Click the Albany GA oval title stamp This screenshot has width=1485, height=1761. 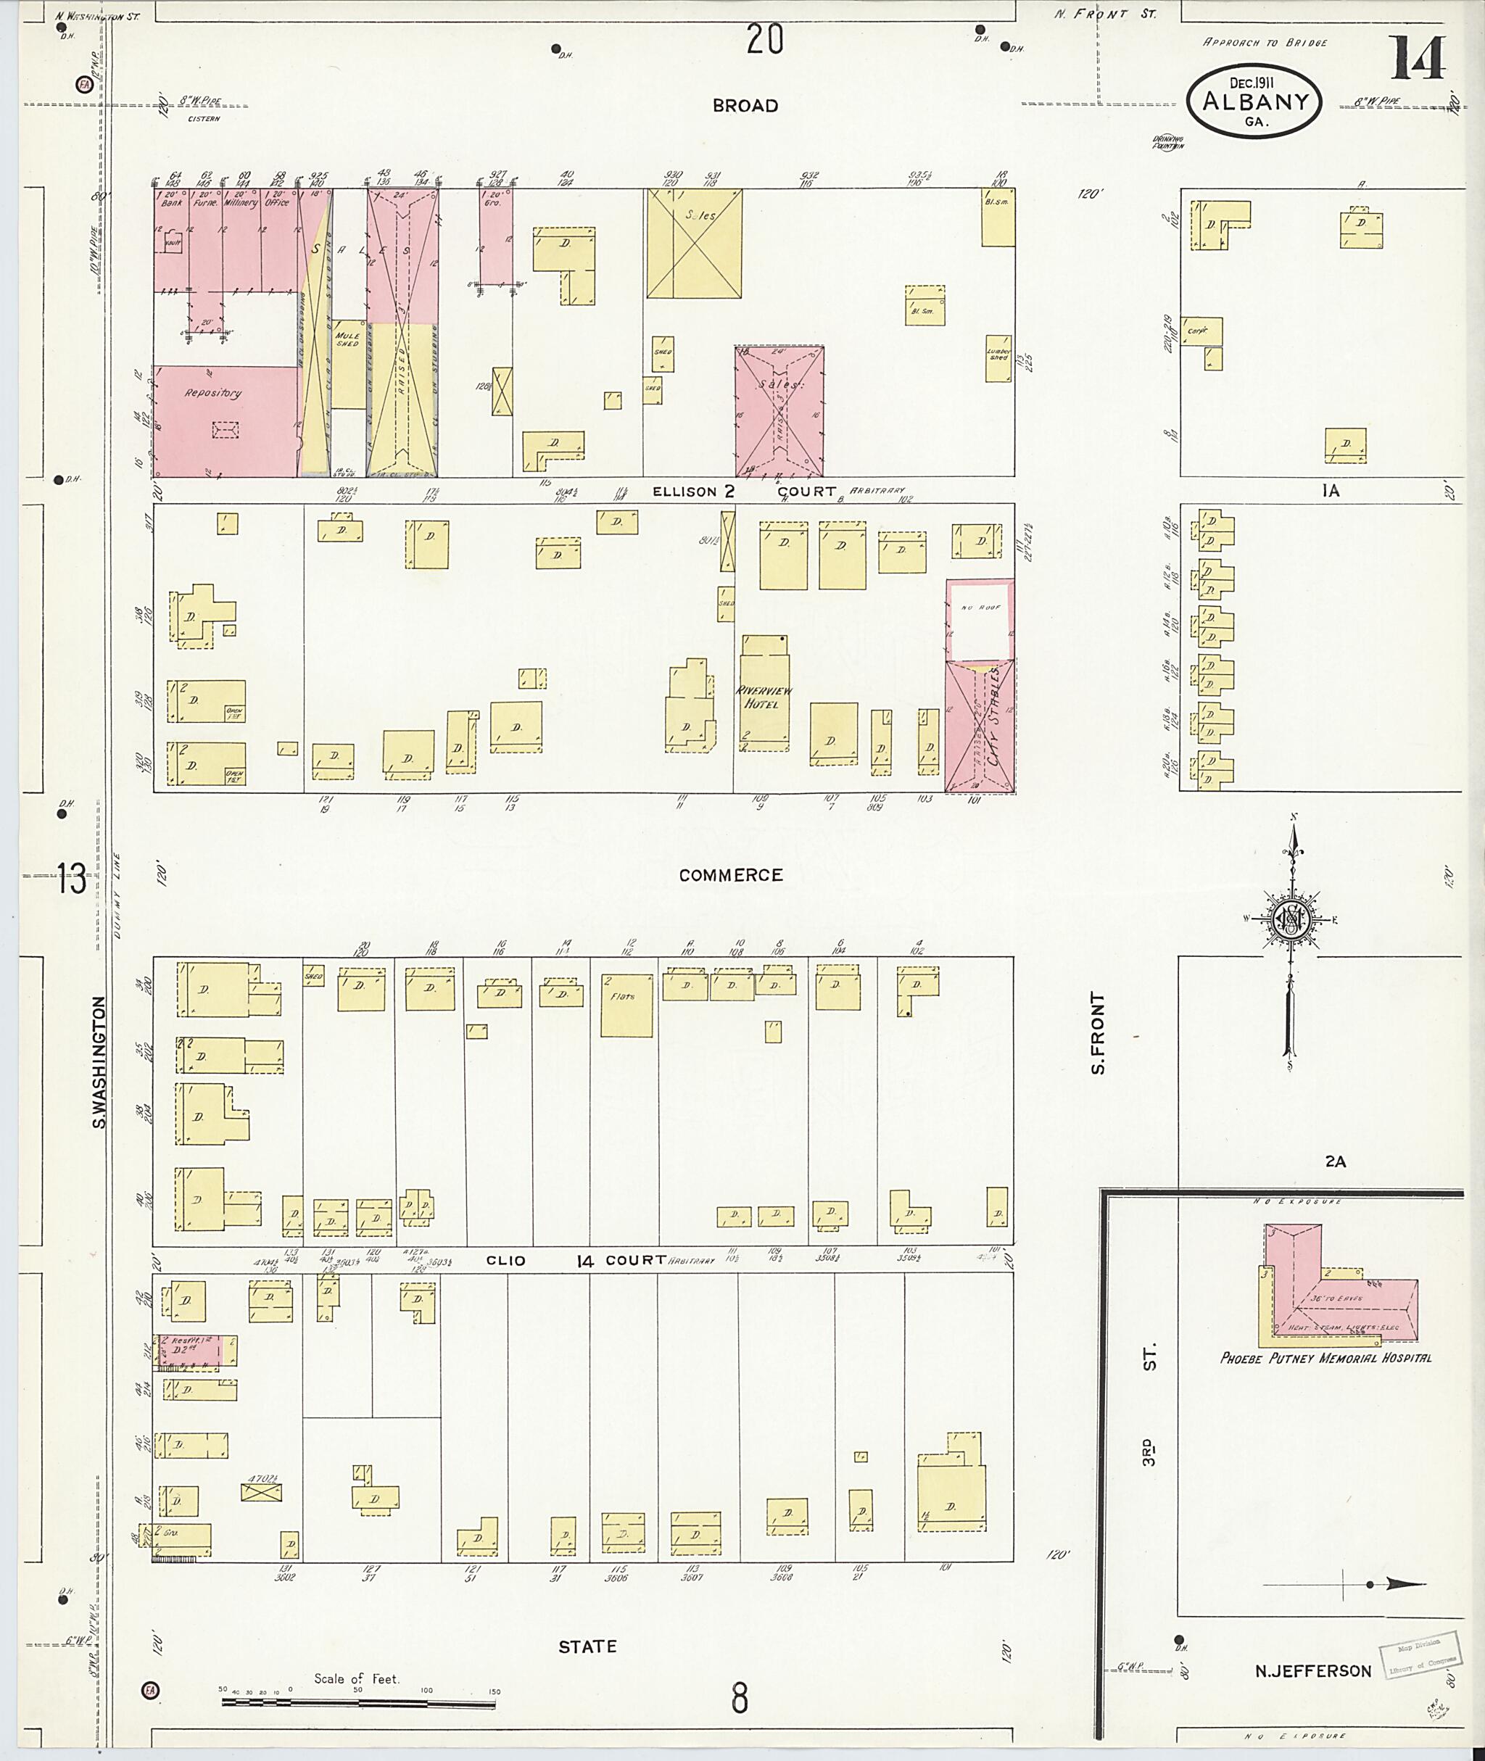(x=1254, y=101)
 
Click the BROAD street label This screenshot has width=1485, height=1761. (x=744, y=106)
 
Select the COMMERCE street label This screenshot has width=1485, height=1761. (x=731, y=876)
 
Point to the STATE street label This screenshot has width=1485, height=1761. (x=587, y=1646)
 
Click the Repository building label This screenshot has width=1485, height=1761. (x=213, y=393)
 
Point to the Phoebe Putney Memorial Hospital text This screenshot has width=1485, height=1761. (x=1325, y=1358)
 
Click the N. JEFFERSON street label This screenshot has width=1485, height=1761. (x=1312, y=1672)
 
